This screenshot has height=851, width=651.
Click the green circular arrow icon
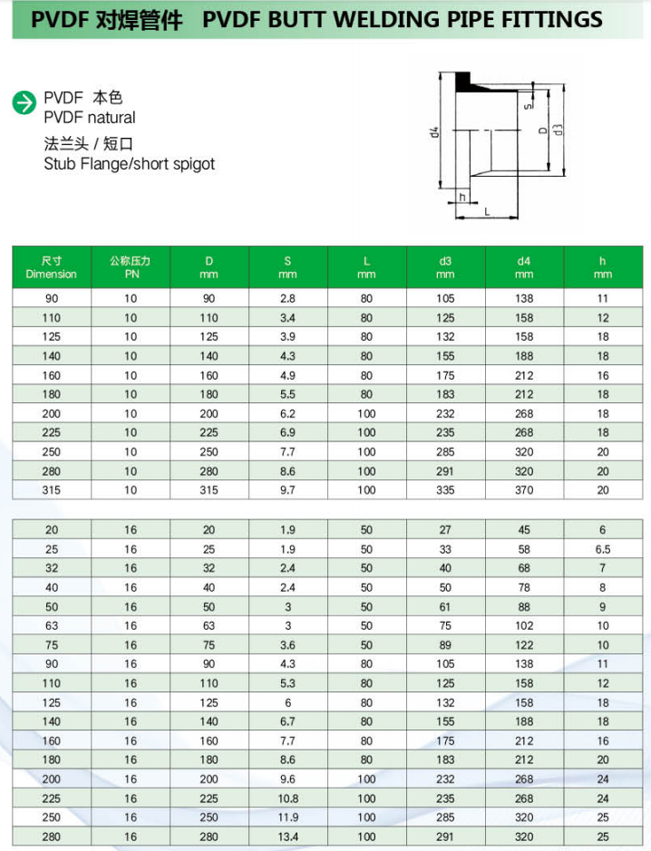24,103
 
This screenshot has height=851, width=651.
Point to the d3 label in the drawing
559,129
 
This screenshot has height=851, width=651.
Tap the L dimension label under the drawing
487,211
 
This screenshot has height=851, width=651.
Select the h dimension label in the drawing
462,197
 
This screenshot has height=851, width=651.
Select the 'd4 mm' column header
523,267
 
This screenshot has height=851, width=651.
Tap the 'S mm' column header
287,267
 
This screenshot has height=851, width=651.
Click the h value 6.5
603,549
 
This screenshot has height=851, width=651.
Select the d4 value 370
524,489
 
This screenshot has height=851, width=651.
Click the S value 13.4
287,836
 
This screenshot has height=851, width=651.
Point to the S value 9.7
287,489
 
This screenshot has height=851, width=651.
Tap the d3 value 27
445,530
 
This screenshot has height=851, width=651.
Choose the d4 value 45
524,530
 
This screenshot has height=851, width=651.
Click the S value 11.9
287,817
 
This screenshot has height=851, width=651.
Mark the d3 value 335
445,489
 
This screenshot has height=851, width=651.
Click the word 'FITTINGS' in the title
550,19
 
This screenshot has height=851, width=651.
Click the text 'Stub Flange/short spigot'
130,164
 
